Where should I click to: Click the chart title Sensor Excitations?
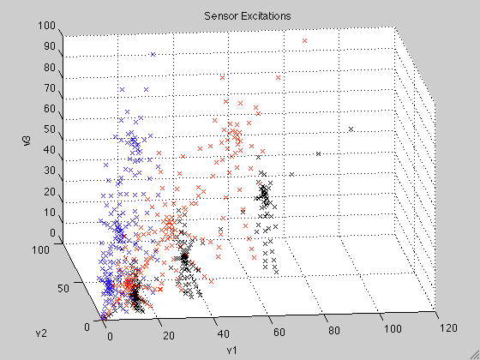pyautogui.click(x=248, y=16)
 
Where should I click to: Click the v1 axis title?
pyautogui.click(x=231, y=350)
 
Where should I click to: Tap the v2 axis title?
pyautogui.click(x=41, y=333)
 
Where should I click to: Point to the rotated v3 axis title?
pyautogui.click(x=27, y=141)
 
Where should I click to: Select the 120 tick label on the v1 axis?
pyautogui.click(x=448, y=328)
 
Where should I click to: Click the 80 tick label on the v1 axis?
pyautogui.click(x=333, y=331)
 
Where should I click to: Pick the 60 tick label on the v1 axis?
pyautogui.click(x=279, y=333)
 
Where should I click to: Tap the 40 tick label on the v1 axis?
pyautogui.click(x=224, y=333)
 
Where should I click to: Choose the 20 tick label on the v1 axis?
pyautogui.click(x=169, y=336)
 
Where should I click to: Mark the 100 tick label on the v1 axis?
pyautogui.click(x=393, y=329)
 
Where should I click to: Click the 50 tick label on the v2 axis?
pyautogui.click(x=63, y=288)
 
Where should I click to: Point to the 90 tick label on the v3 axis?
pyautogui.click(x=50, y=46)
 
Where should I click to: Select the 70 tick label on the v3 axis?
pyautogui.click(x=50, y=88)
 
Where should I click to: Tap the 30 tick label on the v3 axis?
pyautogui.click(x=50, y=171)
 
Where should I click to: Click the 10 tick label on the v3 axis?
pyautogui.click(x=50, y=212)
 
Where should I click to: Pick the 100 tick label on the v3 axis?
pyautogui.click(x=46, y=26)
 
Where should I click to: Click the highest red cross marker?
pyautogui.click(x=304, y=41)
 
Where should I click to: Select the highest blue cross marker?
pyautogui.click(x=153, y=55)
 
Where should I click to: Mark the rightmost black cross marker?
pyautogui.click(x=351, y=129)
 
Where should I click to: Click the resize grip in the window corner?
pyautogui.click(x=475, y=355)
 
